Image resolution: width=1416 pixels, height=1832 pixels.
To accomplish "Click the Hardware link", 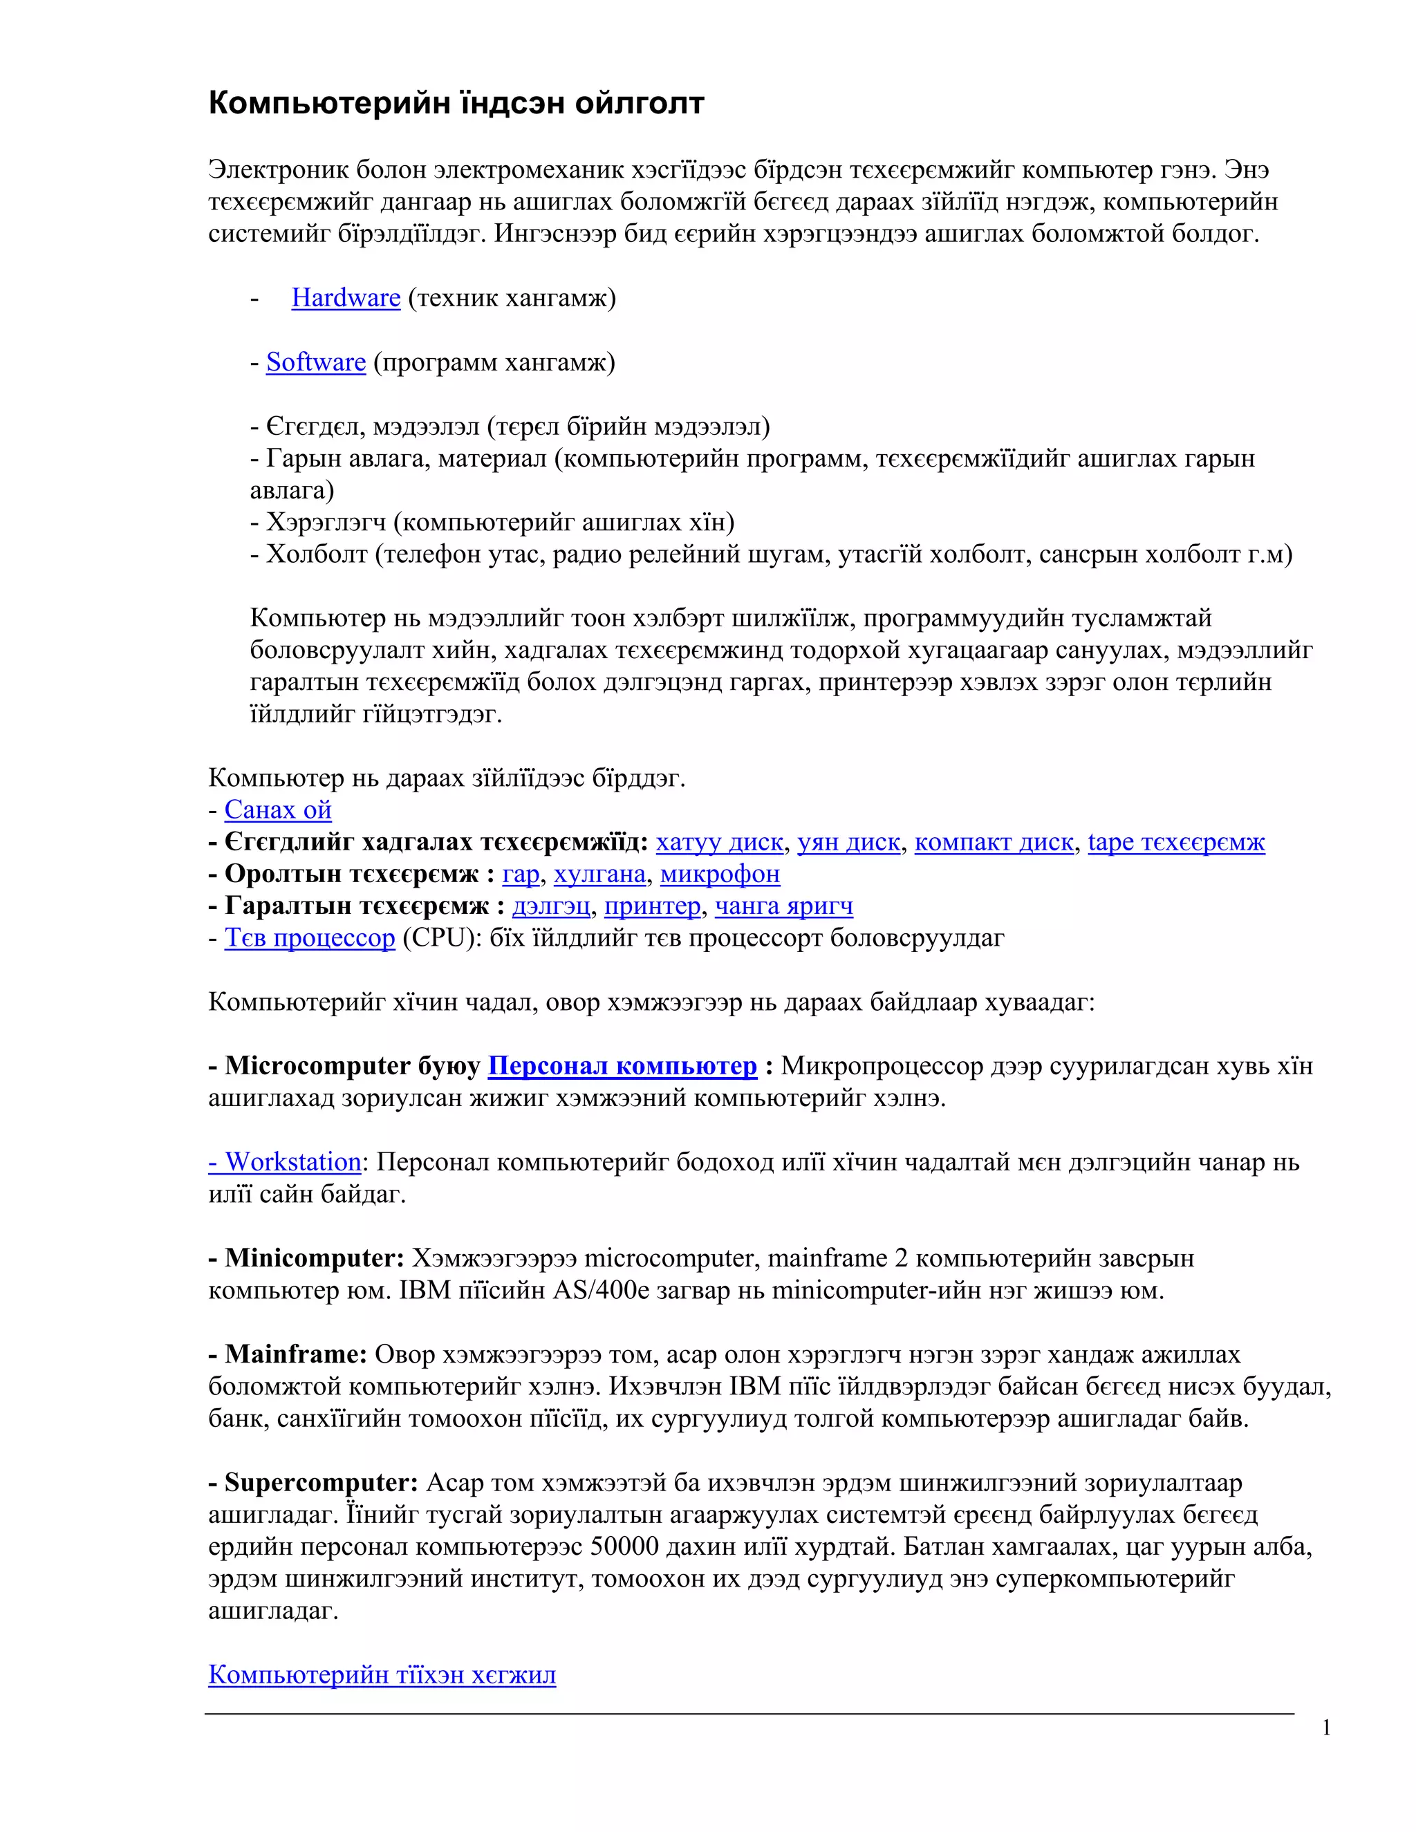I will [346, 298].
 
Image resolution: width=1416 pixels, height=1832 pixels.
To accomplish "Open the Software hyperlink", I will [315, 362].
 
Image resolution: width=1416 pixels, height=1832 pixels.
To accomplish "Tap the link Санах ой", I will [278, 810].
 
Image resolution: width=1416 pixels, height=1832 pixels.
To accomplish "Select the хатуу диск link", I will [719, 842].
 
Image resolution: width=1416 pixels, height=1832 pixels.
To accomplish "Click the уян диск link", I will [848, 842].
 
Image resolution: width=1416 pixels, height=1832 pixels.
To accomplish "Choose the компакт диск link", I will [994, 842].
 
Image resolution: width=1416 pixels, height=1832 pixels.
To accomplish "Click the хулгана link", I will [599, 874].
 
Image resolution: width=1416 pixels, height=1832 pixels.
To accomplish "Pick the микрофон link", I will [720, 874].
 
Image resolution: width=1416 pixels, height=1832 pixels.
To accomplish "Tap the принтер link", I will [652, 906].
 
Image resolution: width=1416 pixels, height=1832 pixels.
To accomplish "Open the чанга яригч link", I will [783, 906].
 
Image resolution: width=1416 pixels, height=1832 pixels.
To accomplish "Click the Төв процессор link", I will [310, 938].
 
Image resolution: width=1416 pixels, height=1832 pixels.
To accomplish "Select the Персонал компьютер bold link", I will [622, 1066].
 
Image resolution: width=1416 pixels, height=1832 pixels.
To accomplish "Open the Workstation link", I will [286, 1162].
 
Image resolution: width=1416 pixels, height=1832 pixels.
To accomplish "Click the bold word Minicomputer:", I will [315, 1258].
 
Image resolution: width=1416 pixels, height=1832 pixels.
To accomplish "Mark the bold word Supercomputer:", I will [322, 1483].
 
